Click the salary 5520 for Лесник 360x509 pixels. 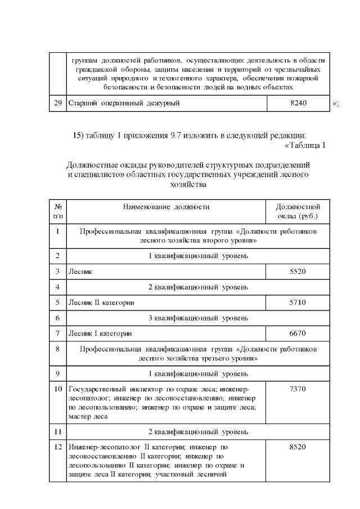coord(298,272)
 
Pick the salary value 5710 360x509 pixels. coord(298,303)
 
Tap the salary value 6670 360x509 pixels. coord(298,334)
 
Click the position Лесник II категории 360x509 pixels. coord(101,303)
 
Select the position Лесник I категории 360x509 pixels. coord(100,334)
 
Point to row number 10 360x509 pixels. coord(58,389)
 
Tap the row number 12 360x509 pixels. coord(58,447)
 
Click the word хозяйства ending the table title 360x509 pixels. coord(188,184)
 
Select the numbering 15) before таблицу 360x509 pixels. coord(78,136)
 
